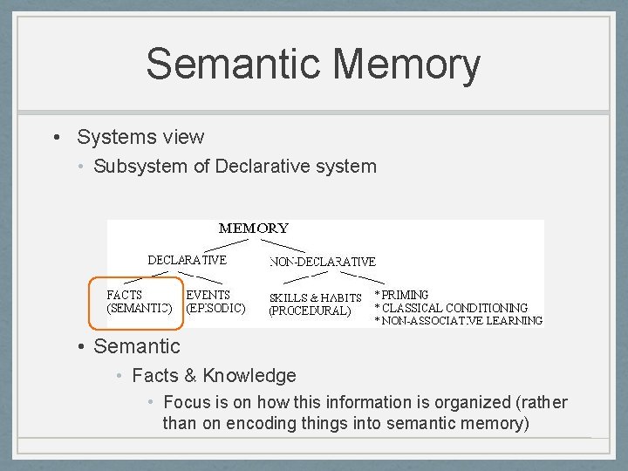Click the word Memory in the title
[x=406, y=65]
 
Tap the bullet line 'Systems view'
[x=140, y=137]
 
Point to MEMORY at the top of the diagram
[x=253, y=229]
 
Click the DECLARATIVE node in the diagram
[x=187, y=260]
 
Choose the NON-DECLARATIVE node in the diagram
[x=323, y=262]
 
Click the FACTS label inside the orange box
[x=125, y=295]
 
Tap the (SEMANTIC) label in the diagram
[x=140, y=308]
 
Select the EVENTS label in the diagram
[x=208, y=295]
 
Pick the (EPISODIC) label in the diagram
[x=215, y=308]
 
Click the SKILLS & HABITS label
[x=315, y=297]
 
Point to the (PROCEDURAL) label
[x=310, y=310]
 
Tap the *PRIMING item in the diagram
[x=401, y=295]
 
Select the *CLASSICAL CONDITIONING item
[x=450, y=308]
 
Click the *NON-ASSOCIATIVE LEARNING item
[x=458, y=320]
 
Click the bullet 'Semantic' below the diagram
[x=136, y=346]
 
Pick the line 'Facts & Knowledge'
[x=214, y=376]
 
